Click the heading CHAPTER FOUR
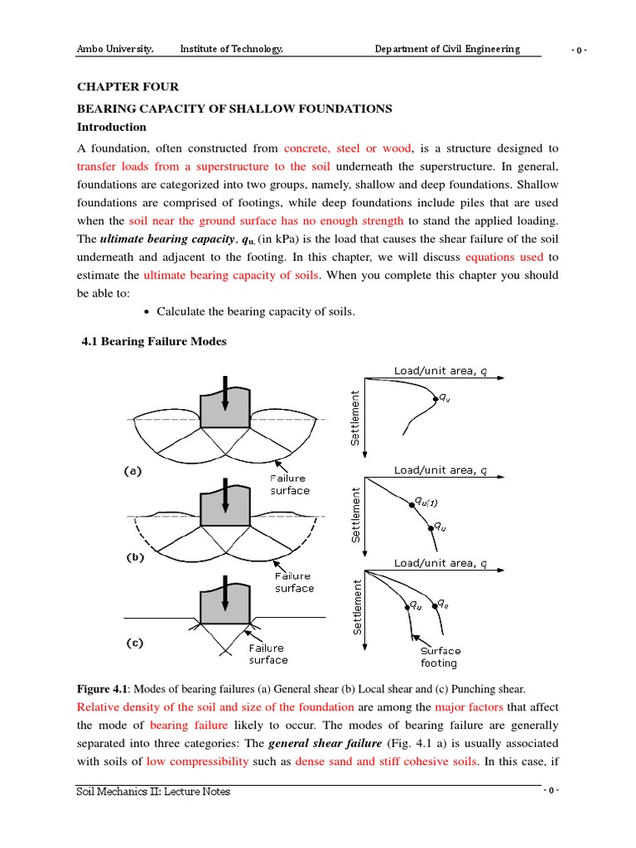point(128,87)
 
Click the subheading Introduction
point(112,128)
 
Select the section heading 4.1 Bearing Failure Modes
point(154,342)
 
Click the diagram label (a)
point(134,472)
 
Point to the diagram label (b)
point(134,557)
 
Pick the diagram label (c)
point(134,642)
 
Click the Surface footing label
point(439,657)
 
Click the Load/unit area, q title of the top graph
point(441,370)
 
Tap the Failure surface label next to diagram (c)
point(268,654)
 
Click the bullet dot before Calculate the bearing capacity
point(147,312)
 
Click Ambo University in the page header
point(115,49)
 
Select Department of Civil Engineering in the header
point(447,49)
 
